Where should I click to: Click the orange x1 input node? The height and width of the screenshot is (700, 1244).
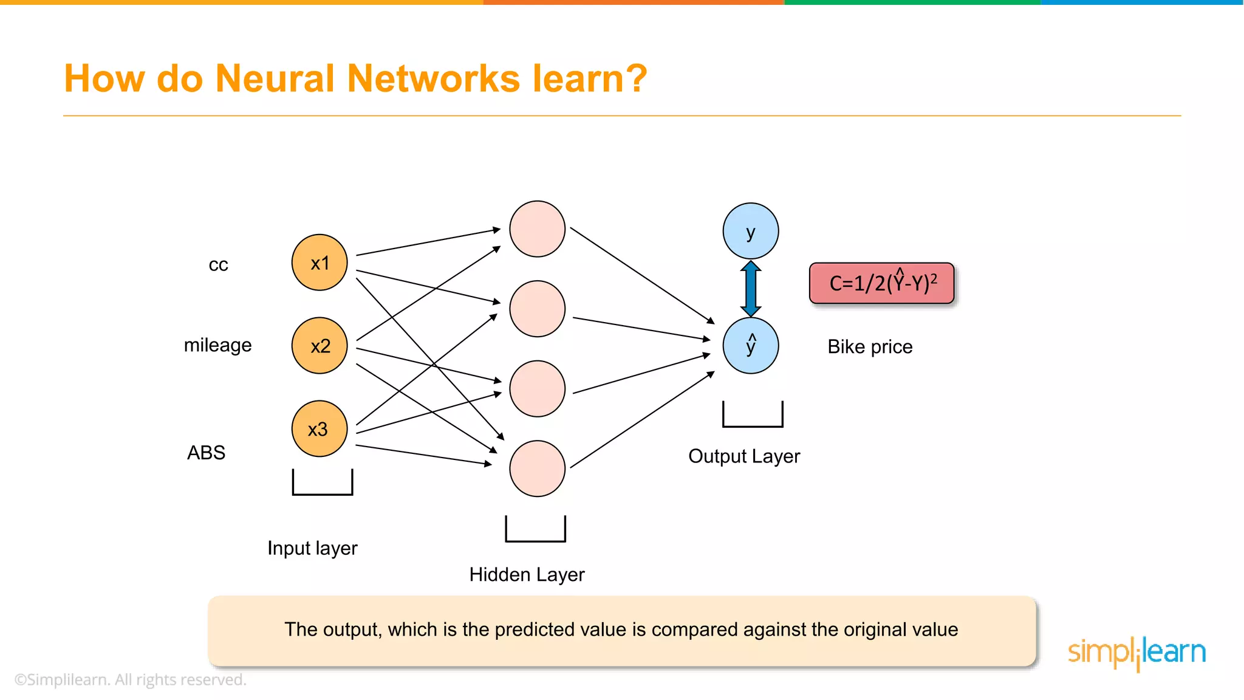pyautogui.click(x=320, y=262)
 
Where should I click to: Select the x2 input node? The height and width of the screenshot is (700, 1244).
pyautogui.click(x=320, y=346)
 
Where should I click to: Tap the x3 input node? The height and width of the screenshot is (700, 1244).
pyautogui.click(x=320, y=429)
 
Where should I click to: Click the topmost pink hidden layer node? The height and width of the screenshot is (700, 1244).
pyautogui.click(x=537, y=229)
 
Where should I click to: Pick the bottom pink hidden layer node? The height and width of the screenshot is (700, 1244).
pyautogui.click(x=537, y=468)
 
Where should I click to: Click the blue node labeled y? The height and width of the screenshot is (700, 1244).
pyautogui.click(x=751, y=232)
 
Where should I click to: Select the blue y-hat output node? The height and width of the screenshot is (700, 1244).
pyautogui.click(x=751, y=346)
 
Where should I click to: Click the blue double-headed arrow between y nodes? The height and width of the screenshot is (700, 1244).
pyautogui.click(x=751, y=288)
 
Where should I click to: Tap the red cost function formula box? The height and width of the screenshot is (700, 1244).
pyautogui.click(x=882, y=283)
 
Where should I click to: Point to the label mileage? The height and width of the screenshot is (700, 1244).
pyautogui.click(x=217, y=345)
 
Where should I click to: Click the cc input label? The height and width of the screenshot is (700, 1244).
pyautogui.click(x=218, y=265)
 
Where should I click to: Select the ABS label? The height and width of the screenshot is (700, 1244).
pyautogui.click(x=206, y=453)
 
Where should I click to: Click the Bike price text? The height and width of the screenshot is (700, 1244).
pyautogui.click(x=870, y=347)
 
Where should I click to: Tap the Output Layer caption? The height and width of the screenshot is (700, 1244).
pyautogui.click(x=744, y=456)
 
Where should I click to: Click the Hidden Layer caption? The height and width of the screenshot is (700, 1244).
pyautogui.click(x=527, y=575)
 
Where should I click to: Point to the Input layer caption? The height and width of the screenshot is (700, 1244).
pyautogui.click(x=312, y=548)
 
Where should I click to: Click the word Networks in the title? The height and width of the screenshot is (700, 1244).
pyautogui.click(x=434, y=79)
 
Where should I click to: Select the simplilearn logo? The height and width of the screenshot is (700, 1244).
pyautogui.click(x=1136, y=653)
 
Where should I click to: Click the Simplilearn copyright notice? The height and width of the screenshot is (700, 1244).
pyautogui.click(x=130, y=680)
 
